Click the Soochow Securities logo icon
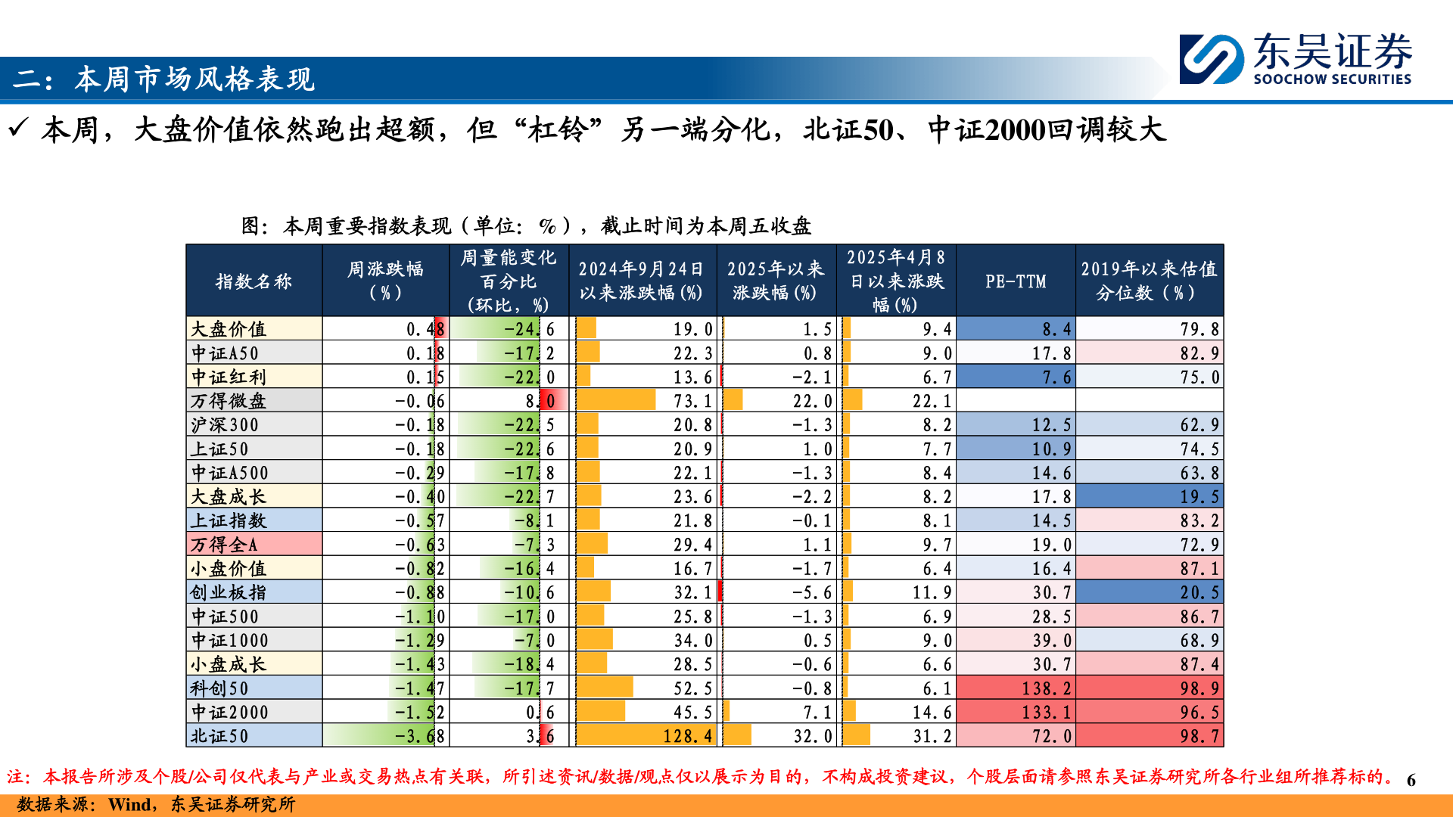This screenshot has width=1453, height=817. point(1212,58)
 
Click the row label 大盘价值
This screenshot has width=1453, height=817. point(229,329)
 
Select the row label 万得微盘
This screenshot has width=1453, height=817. point(229,401)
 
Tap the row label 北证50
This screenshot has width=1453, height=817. point(219,736)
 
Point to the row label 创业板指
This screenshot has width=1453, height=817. point(229,592)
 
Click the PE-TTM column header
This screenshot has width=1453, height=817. point(1016,281)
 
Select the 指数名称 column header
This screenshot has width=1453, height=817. point(254,281)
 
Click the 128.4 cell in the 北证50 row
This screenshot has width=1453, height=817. point(687,736)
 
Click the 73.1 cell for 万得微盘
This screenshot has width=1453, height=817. point(692,401)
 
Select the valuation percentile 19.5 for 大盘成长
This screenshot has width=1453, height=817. point(1199,497)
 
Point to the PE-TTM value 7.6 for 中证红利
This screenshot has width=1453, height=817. point(1056,377)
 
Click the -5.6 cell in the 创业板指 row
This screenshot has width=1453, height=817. point(811,592)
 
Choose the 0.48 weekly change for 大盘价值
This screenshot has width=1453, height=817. point(425,329)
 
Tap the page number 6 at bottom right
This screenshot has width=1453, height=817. point(1411,780)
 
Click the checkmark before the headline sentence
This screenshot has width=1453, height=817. point(18,129)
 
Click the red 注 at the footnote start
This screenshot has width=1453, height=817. point(16,777)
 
